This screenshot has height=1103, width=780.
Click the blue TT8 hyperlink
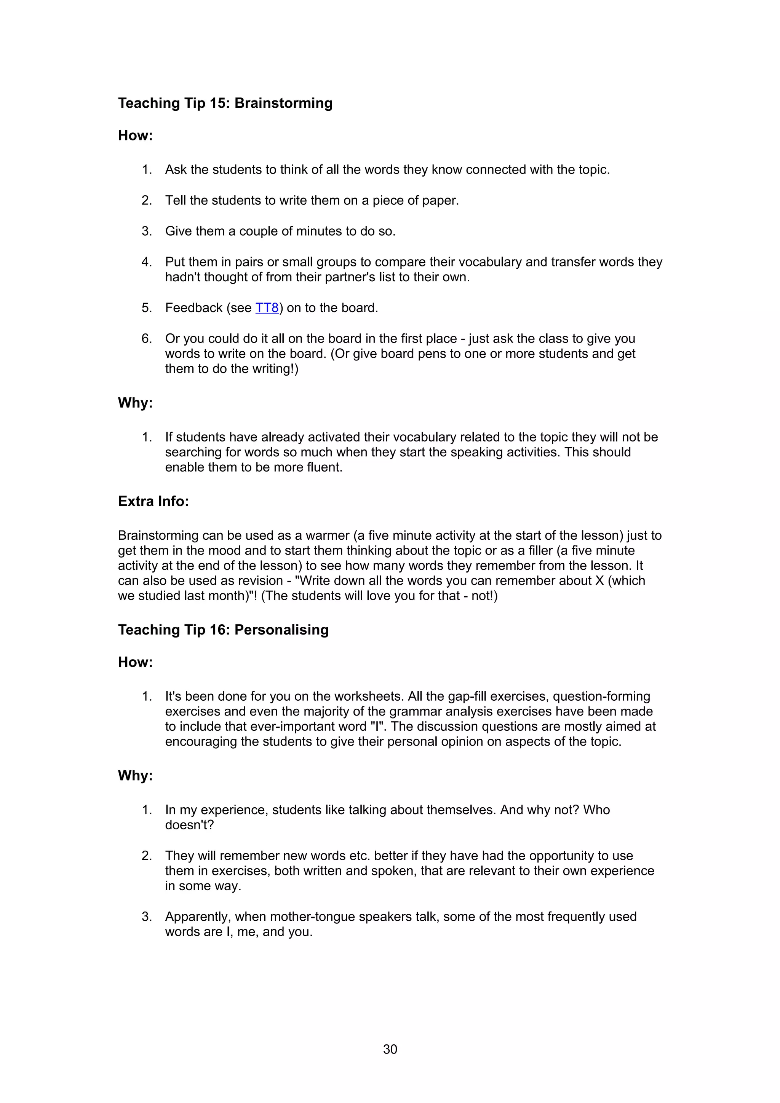coord(267,308)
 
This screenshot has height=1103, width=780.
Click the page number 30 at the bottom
coord(390,1049)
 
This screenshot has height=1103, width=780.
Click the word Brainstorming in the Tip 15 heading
coord(283,103)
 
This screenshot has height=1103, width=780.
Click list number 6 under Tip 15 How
coord(146,338)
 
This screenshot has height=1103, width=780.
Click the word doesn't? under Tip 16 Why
coord(189,825)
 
